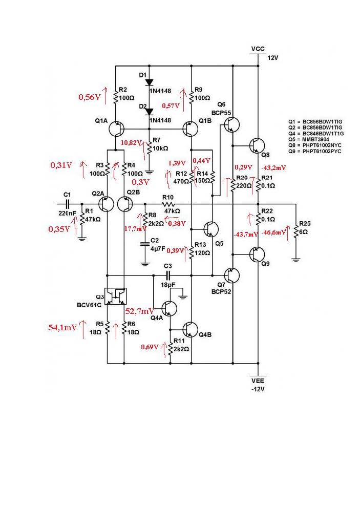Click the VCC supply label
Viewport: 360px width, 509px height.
258,49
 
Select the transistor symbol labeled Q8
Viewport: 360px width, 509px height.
257,146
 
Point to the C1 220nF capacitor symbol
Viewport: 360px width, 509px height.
67,204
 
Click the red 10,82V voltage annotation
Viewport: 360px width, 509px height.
131,142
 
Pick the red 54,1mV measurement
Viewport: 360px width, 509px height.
63,327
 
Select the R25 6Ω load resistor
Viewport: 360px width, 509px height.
295,231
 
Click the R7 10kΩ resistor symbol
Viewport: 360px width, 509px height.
149,149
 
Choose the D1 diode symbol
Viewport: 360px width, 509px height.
149,82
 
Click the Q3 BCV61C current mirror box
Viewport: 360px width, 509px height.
115,297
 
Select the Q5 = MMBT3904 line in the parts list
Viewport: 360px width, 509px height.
314,138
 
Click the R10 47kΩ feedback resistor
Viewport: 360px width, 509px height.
168,204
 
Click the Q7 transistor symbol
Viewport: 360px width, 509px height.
232,275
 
